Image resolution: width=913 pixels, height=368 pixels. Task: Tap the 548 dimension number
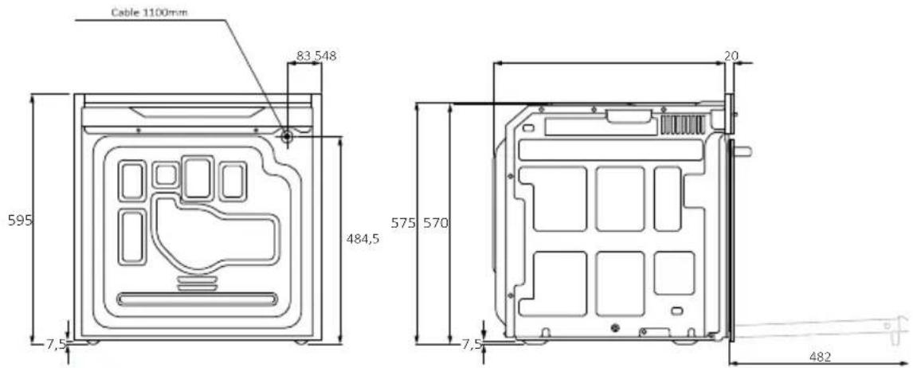click(326, 56)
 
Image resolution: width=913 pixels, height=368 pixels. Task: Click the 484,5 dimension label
click(362, 238)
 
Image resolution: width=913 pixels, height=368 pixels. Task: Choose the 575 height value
click(403, 222)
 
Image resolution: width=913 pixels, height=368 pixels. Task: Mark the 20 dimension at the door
click(731, 56)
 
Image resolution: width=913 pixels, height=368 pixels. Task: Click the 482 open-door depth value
click(819, 357)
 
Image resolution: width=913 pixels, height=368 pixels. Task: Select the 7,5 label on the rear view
click(57, 344)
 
